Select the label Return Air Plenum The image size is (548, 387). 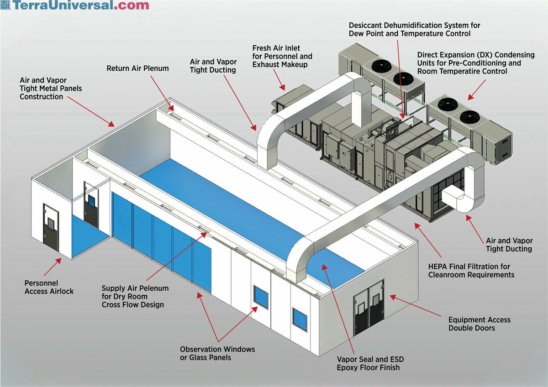coord(137,68)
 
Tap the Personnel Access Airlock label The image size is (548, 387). coord(49,287)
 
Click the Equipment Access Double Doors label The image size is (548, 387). coord(479,324)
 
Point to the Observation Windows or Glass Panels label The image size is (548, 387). coord(217,353)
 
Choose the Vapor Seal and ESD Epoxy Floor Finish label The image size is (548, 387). coord(369,363)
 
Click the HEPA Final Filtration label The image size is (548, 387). coord(471,271)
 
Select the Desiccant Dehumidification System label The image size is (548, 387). coord(414,29)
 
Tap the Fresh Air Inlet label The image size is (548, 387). coord(282,56)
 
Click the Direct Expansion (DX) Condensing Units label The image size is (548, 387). coord(475,63)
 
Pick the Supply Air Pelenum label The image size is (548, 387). coord(135,296)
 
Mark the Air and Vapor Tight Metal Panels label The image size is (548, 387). coord(51,89)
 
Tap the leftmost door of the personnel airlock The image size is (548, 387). coord(51,227)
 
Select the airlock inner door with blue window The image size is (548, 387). coord(91,204)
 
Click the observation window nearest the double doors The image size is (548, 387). coord(300,319)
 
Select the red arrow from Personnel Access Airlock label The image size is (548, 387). coord(52,267)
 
